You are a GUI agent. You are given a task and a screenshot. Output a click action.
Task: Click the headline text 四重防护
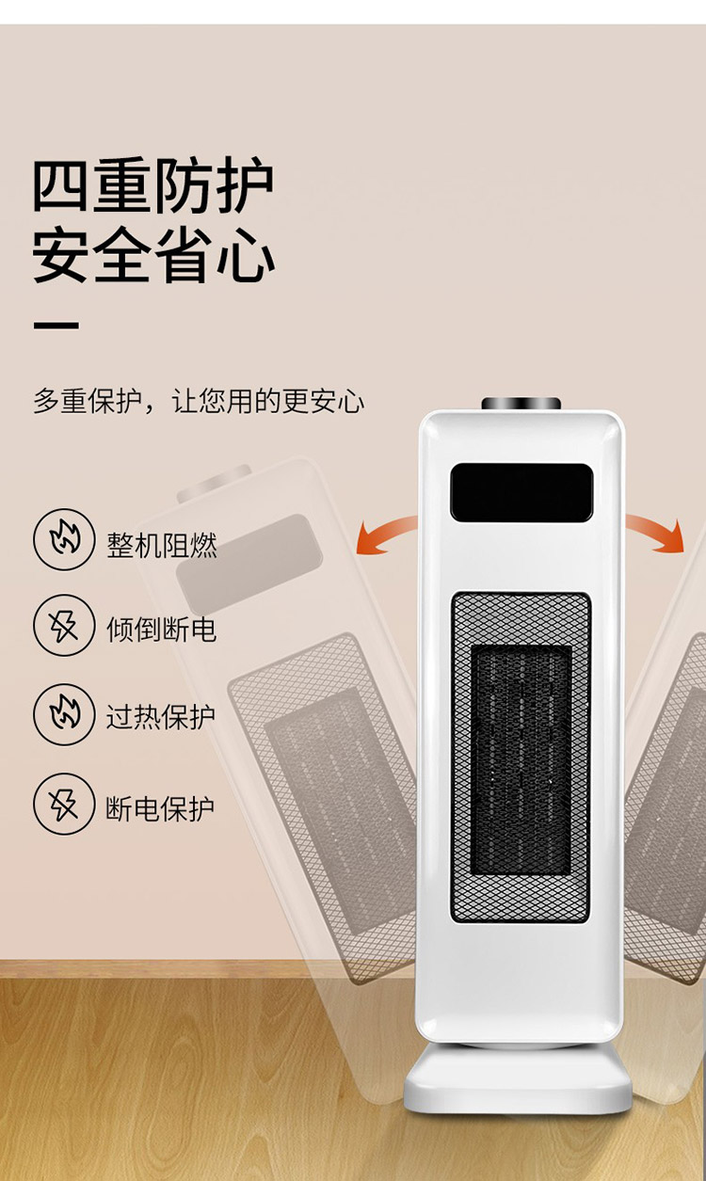click(153, 185)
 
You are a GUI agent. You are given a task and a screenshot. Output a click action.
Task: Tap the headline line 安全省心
click(153, 255)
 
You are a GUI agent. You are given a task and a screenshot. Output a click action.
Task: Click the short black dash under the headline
click(56, 326)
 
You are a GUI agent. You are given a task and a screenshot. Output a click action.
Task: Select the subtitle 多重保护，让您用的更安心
click(199, 402)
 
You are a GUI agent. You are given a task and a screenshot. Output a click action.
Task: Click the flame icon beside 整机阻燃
click(64, 539)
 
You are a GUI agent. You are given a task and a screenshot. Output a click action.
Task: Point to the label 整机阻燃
click(162, 545)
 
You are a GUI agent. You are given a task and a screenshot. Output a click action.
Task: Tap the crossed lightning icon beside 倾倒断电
click(64, 626)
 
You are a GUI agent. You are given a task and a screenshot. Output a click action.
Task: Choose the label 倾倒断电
click(161, 630)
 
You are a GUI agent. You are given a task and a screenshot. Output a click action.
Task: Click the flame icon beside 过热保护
click(64, 714)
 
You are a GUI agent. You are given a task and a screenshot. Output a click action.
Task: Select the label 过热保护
click(161, 717)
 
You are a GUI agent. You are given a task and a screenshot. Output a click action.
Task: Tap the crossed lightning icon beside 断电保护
click(64, 804)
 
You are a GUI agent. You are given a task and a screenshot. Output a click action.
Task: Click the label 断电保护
click(160, 808)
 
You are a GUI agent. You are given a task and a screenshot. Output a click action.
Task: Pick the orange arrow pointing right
click(655, 532)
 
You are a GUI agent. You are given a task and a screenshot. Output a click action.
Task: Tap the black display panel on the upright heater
click(521, 492)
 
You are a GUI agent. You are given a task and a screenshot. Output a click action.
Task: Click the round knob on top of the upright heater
click(521, 404)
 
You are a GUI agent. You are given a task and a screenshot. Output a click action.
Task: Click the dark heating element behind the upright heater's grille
click(521, 760)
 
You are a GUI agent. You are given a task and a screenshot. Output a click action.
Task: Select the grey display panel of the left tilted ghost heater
click(249, 564)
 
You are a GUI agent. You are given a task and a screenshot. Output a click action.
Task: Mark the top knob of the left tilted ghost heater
click(214, 483)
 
